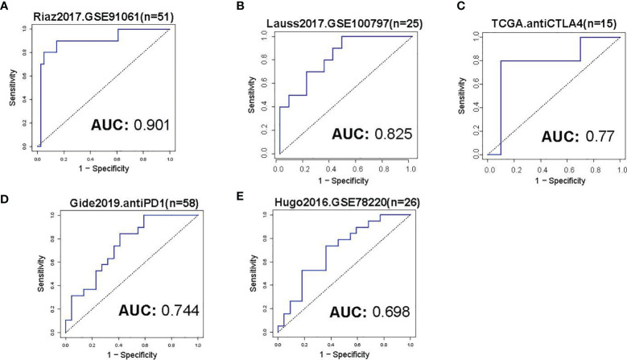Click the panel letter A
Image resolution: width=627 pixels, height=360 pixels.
(x=6, y=7)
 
